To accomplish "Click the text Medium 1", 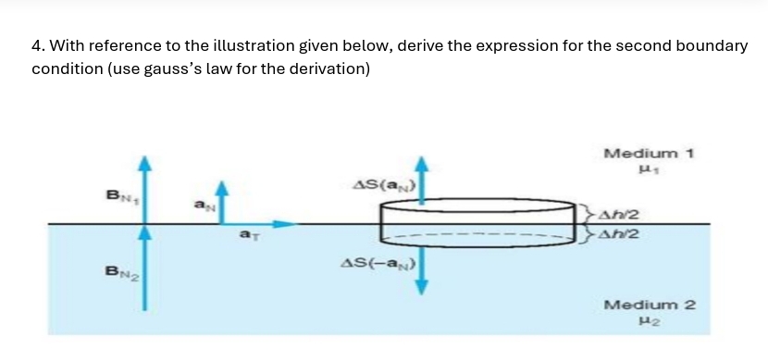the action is click(649, 153).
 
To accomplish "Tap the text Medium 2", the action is click(649, 304).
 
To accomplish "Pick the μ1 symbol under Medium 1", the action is click(649, 170).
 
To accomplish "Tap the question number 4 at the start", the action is click(36, 45).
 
